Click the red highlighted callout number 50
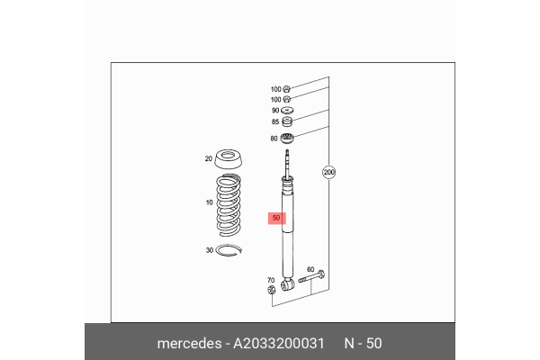pyautogui.click(x=276, y=219)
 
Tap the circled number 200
pyautogui.click(x=329, y=171)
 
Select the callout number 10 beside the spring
pyautogui.click(x=210, y=202)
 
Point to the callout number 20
pyautogui.click(x=208, y=159)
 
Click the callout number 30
pyautogui.click(x=210, y=250)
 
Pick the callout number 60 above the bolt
pyautogui.click(x=310, y=269)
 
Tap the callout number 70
pyautogui.click(x=271, y=280)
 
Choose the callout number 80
pyautogui.click(x=274, y=139)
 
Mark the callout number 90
pyautogui.click(x=275, y=109)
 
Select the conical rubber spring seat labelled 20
pyautogui.click(x=231, y=162)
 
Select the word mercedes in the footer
pyautogui.click(x=193, y=343)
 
